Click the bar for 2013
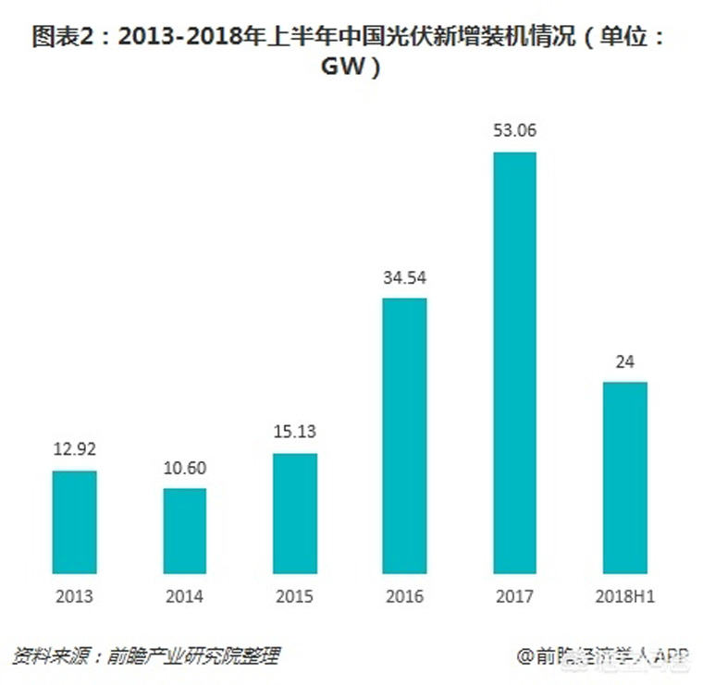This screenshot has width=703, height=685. (x=74, y=521)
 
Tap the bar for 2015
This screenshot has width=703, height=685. (x=295, y=512)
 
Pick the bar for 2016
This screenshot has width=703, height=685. (x=405, y=434)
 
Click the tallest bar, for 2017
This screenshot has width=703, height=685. (x=515, y=361)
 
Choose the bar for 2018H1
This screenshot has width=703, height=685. (x=625, y=477)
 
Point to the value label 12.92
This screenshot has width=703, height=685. (x=74, y=450)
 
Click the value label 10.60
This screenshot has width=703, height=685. (x=185, y=468)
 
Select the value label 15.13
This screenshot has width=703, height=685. (x=295, y=433)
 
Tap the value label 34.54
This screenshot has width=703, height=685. (x=405, y=277)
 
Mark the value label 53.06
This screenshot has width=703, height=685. (x=515, y=130)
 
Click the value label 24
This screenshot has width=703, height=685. (x=625, y=361)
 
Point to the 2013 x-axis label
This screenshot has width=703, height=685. (x=74, y=596)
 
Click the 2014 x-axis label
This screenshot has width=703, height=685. (x=185, y=596)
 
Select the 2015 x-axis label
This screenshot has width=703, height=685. (x=295, y=596)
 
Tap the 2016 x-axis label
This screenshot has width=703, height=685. (x=405, y=596)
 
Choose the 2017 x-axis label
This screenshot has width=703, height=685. (x=515, y=596)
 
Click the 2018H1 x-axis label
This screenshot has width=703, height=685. (x=625, y=596)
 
